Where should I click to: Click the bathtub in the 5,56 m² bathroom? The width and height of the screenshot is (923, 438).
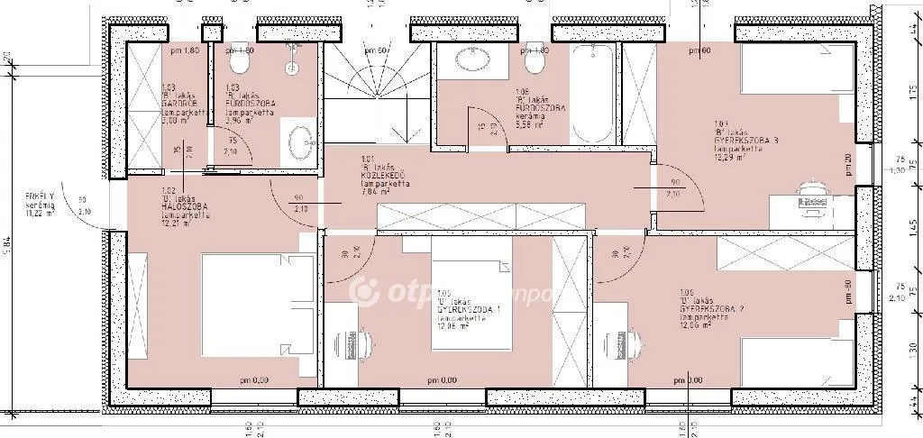[593, 94]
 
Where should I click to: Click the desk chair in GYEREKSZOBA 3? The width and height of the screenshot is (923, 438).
[811, 195]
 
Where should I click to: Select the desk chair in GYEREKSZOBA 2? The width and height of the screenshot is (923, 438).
[623, 343]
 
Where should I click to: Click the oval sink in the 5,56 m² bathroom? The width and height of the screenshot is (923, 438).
[471, 59]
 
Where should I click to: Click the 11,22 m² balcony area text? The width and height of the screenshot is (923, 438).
[40, 215]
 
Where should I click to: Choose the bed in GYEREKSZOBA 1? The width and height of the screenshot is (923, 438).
[471, 288]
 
